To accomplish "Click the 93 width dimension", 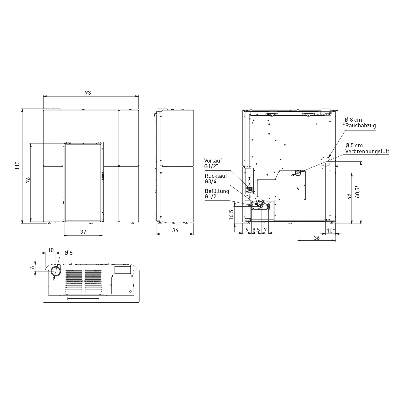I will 88,93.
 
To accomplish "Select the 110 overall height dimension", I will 18,166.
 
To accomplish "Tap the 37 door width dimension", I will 83,232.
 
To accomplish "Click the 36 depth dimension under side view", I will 175,230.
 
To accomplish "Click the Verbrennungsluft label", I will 367,151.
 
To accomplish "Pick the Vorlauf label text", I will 213,161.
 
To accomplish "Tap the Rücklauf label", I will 216,176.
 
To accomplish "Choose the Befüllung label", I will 217,191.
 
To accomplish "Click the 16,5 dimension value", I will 232,215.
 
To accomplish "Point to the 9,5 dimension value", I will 256,230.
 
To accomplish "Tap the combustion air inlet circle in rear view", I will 298,173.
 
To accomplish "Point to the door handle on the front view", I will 102,176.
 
